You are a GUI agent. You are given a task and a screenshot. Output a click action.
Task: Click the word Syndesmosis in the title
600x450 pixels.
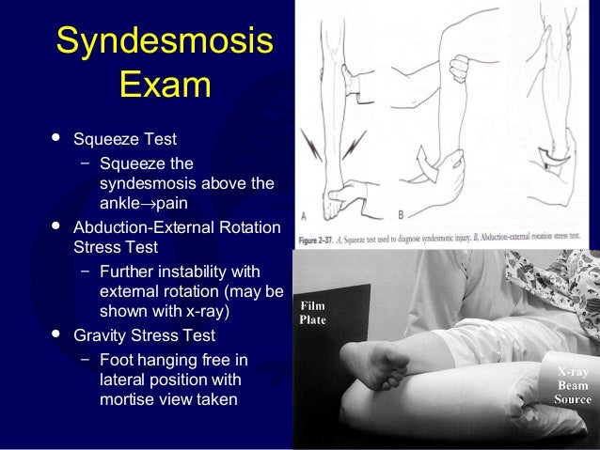(x=165, y=41)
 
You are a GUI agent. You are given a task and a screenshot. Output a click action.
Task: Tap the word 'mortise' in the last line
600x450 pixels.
(x=126, y=399)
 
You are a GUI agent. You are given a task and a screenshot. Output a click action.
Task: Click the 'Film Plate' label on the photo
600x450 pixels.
(x=312, y=313)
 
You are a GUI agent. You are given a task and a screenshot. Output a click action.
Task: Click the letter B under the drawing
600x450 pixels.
(x=401, y=214)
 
